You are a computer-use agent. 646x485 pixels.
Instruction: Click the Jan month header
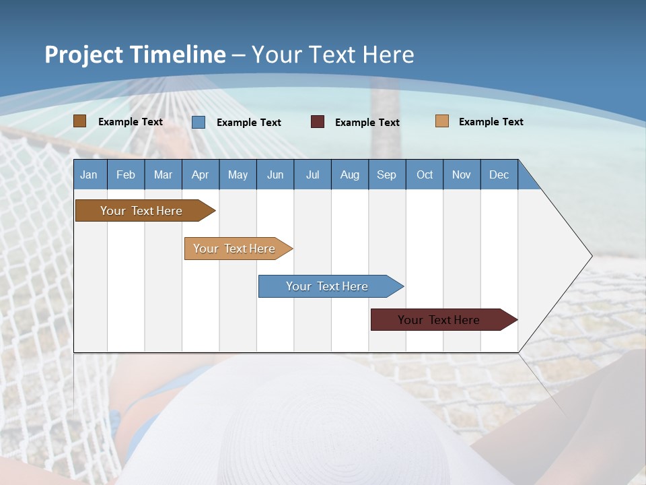point(89,174)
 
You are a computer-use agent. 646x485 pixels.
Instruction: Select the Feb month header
point(126,174)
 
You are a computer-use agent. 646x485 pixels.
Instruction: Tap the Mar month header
point(163,174)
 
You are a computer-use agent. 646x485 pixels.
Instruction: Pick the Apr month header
point(201,174)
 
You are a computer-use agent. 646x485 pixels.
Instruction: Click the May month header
point(238,174)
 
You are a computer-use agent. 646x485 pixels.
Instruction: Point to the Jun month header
point(275,174)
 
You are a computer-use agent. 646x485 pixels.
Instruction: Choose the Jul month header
point(312,174)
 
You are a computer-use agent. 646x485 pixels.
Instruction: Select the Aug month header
point(350,174)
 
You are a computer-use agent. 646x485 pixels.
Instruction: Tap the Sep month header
point(387,174)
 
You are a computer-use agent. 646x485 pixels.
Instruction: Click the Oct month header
point(425,174)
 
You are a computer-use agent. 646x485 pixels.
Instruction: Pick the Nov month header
point(462,174)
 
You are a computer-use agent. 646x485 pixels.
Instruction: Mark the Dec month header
point(499,174)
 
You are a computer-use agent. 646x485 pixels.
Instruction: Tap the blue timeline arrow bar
point(328,286)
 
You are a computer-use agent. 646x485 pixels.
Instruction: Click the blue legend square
point(199,122)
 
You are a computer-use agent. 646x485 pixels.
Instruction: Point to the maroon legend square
point(318,122)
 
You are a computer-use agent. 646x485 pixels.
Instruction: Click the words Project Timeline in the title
point(135,55)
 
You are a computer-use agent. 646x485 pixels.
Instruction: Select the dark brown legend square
point(80,121)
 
